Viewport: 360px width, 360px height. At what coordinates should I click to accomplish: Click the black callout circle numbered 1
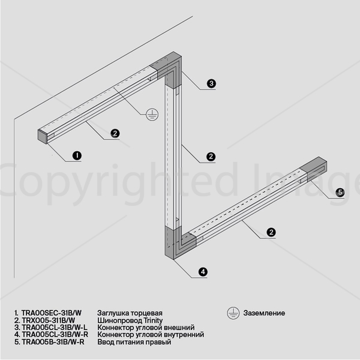coord(77,155)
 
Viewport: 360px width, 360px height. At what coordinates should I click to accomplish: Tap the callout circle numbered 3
coord(211,83)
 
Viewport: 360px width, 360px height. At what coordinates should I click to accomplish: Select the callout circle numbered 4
coord(203,272)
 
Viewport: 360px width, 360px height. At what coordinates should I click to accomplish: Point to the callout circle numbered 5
coord(340,193)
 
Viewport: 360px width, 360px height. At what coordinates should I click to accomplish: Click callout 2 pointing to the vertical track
coord(211,157)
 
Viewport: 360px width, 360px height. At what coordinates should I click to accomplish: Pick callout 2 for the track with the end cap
coord(115,133)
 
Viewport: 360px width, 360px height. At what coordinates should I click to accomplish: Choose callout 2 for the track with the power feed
coord(271,232)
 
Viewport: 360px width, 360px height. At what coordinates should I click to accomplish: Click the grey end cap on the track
coord(43,137)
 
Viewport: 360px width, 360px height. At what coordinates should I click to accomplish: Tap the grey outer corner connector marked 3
coord(169,69)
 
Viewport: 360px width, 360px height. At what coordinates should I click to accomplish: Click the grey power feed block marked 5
coord(314,169)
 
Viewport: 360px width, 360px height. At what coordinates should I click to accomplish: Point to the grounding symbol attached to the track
coord(152,115)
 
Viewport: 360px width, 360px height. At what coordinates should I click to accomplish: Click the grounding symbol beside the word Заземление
coord(233,313)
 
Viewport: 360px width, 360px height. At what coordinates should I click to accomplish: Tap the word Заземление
coord(264,313)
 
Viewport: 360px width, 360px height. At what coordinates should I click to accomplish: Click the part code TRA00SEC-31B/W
coord(52,313)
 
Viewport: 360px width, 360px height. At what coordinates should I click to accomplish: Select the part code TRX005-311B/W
coord(49,320)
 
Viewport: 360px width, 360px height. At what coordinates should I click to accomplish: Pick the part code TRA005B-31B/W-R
coord(53,342)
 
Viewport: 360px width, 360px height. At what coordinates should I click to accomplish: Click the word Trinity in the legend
coord(153,320)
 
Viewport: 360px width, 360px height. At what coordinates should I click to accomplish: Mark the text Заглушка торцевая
coord(130,313)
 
